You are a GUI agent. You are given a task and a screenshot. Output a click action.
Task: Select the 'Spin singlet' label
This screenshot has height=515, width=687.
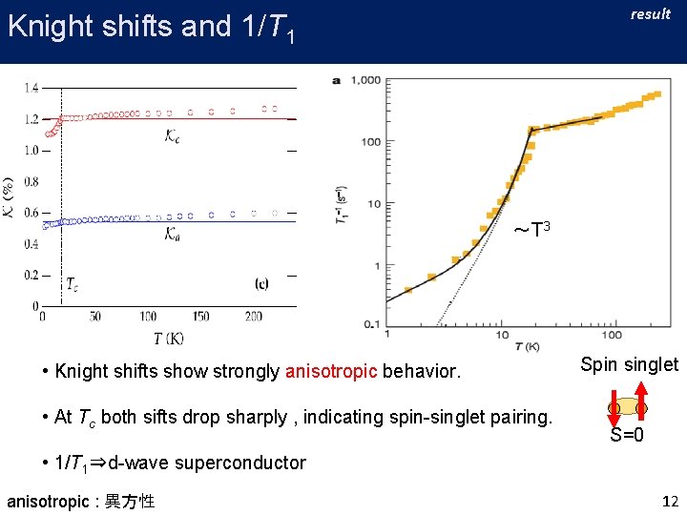pyautogui.click(x=630, y=364)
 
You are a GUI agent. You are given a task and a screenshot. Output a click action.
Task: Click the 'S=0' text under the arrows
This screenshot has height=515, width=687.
pyautogui.click(x=628, y=436)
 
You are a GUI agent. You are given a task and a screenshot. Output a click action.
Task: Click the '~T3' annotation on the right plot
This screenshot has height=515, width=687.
pyautogui.click(x=531, y=230)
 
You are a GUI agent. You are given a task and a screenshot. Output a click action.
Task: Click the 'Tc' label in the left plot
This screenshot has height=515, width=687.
pyautogui.click(x=73, y=284)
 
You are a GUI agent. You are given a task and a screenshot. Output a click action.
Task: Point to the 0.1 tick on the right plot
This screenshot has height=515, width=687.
pyautogui.click(x=371, y=325)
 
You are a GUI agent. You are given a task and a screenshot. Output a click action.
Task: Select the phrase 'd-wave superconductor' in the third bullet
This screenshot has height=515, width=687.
pyautogui.click(x=207, y=463)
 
